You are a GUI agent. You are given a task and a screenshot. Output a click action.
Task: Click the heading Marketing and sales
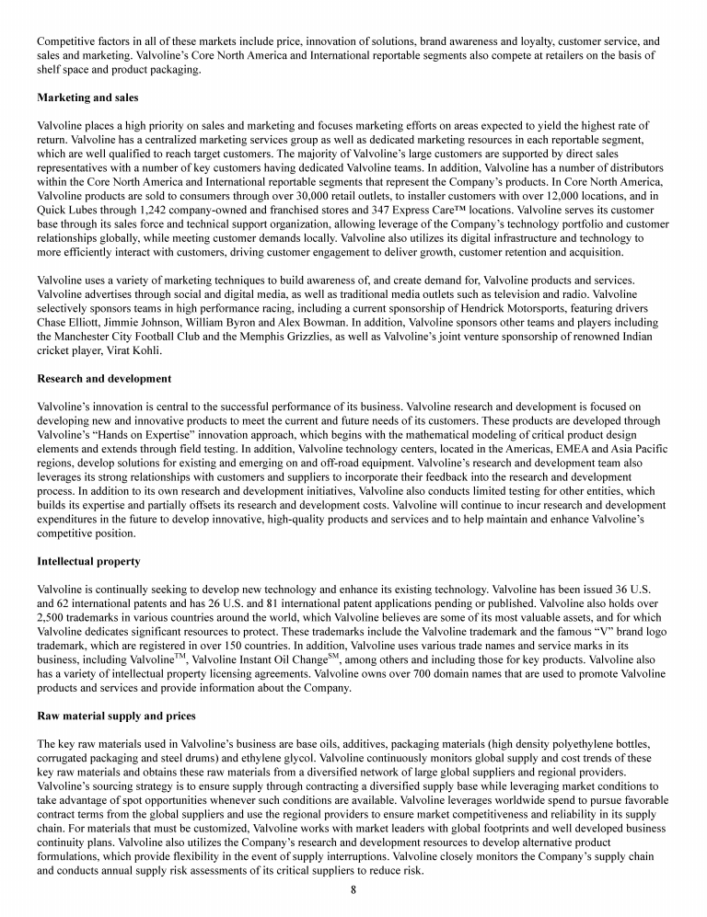click(x=81, y=97)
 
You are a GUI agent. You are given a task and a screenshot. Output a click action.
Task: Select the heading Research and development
click(x=104, y=378)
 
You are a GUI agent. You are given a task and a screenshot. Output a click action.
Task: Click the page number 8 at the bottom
click(x=353, y=889)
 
